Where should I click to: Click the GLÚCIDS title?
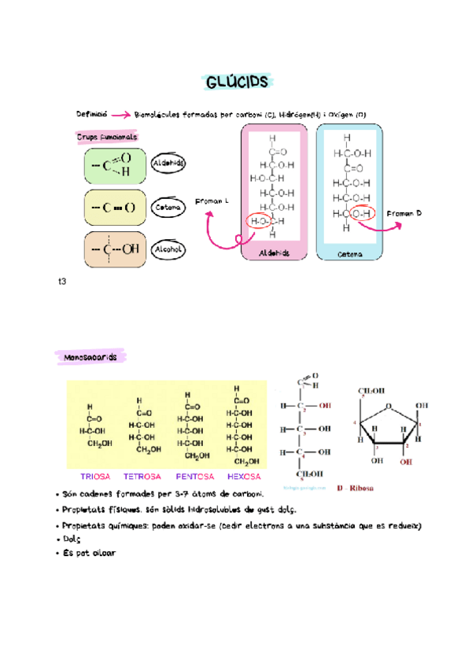[236, 82]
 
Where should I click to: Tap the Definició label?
[92, 114]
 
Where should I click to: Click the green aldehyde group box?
[114, 166]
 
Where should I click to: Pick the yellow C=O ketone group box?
[114, 208]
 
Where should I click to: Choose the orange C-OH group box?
[114, 249]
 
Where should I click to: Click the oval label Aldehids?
[168, 164]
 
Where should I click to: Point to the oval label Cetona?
[168, 208]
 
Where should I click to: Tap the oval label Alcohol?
[168, 249]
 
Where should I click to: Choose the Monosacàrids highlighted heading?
[87, 358]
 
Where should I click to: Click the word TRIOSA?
[96, 477]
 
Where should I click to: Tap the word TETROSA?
[142, 477]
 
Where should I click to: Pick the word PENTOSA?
[193, 477]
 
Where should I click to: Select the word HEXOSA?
[243, 477]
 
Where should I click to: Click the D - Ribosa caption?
[356, 488]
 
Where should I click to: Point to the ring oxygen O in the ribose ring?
[388, 407]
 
